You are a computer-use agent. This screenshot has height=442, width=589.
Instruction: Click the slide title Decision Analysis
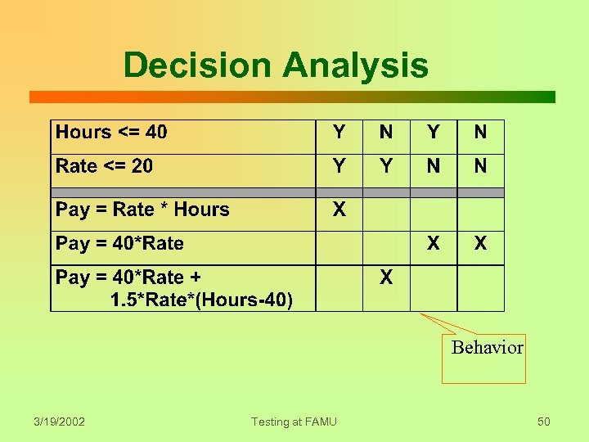tap(276, 65)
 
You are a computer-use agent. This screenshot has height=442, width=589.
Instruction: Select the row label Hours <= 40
tap(111, 133)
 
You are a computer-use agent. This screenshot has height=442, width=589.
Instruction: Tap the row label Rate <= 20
tap(104, 166)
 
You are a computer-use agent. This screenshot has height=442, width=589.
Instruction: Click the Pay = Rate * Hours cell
tap(142, 210)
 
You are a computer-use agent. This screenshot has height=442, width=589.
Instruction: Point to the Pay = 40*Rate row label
tap(119, 243)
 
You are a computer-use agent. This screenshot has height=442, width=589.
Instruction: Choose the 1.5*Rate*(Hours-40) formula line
tap(201, 300)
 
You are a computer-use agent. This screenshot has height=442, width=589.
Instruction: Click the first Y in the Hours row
tap(339, 133)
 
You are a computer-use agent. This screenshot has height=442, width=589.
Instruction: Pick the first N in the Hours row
tap(386, 133)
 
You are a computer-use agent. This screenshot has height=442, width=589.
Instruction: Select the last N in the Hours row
tap(480, 133)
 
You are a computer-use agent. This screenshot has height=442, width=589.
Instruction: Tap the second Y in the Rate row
tap(386, 166)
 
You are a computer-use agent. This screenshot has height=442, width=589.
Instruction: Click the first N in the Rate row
tap(433, 166)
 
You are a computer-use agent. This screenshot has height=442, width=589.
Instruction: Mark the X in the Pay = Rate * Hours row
tap(339, 210)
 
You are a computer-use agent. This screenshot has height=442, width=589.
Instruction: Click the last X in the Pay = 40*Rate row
tap(480, 243)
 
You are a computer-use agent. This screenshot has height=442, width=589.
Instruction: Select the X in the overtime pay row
tap(386, 277)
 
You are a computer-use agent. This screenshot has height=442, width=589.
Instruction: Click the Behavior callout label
tap(487, 348)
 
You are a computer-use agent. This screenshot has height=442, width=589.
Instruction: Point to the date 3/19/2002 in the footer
tap(59, 422)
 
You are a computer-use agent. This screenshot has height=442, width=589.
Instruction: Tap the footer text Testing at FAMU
tap(294, 422)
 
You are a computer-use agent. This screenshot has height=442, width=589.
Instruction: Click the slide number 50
tap(543, 422)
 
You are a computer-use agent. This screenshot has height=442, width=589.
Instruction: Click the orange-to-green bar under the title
tap(292, 97)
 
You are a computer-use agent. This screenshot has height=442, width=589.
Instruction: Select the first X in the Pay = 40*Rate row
tap(433, 243)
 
